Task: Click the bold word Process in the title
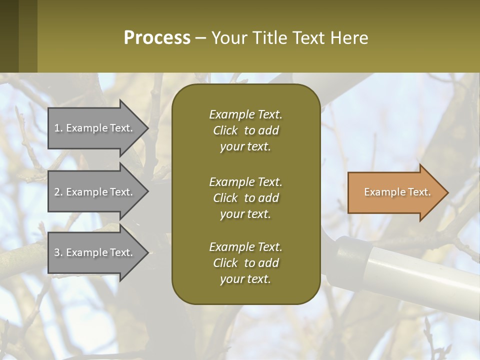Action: pos(157,38)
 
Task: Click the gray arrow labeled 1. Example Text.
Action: pos(95,128)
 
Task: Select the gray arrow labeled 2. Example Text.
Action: pos(95,192)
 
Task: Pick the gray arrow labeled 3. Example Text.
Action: pos(95,252)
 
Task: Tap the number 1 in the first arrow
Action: pos(57,128)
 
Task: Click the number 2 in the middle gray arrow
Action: pos(57,192)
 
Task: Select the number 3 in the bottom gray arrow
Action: pos(57,252)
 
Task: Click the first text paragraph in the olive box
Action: pos(245,130)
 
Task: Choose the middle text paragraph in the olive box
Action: pos(245,197)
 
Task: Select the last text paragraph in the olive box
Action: pos(245,263)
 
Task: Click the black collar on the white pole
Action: pos(352,255)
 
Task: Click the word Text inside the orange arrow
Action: pos(419,192)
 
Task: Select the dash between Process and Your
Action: pos(201,38)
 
